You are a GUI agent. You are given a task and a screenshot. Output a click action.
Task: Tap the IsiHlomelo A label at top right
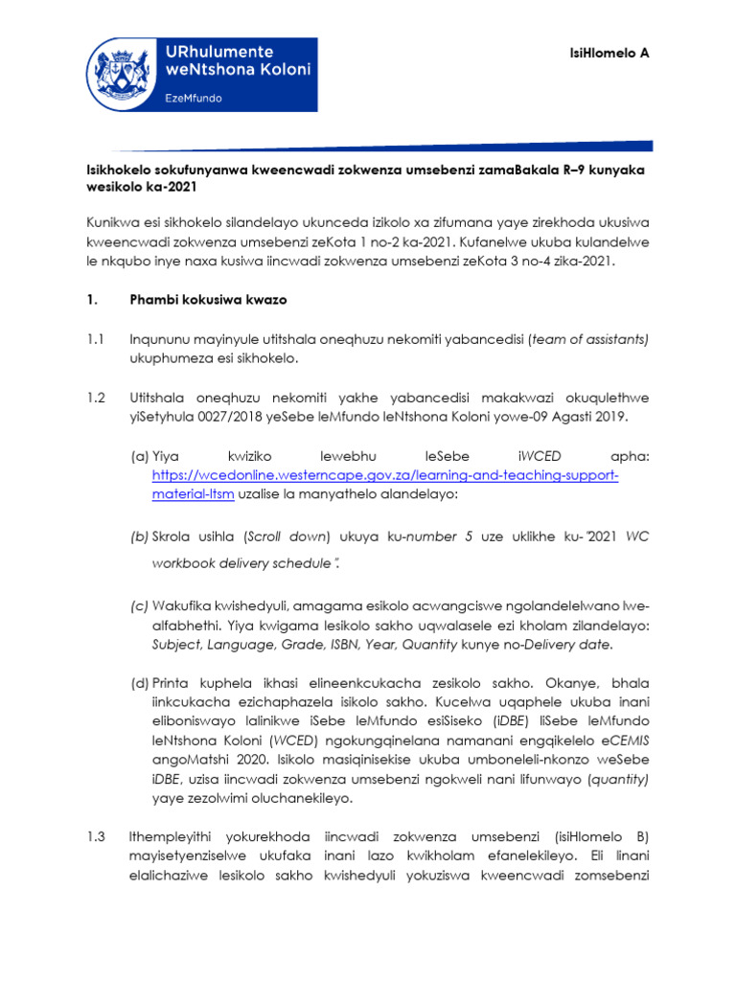(x=616, y=53)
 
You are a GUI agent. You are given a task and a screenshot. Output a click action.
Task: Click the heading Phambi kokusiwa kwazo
(x=208, y=300)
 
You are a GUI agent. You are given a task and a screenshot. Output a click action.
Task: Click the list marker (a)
(x=139, y=458)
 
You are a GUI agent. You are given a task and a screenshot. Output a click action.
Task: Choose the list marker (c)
(x=139, y=606)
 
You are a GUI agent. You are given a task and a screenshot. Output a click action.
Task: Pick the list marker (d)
(x=139, y=684)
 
